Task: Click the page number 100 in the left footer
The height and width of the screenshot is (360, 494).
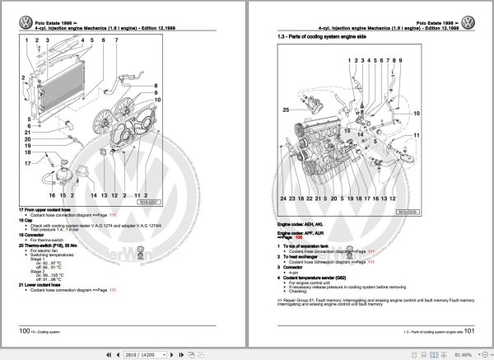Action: [26, 330]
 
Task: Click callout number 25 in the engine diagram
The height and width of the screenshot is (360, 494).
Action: [286, 109]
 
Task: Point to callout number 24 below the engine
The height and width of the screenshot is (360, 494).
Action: [282, 199]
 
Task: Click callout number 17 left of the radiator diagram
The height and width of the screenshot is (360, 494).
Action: [26, 163]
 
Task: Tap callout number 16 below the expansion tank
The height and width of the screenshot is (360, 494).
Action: [49, 196]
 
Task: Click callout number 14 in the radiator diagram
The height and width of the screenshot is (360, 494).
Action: [93, 196]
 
